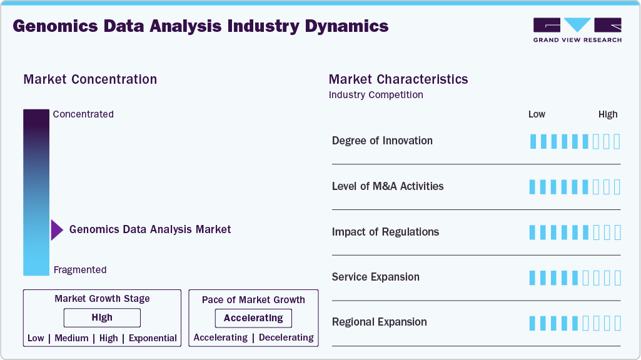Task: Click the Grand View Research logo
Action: (577, 30)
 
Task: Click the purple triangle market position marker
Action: (57, 229)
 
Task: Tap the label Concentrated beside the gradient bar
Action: (83, 114)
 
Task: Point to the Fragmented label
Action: (80, 270)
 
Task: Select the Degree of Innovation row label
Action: (382, 141)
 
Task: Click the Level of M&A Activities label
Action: (388, 186)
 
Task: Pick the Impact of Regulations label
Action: (385, 232)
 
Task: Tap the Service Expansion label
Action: (376, 277)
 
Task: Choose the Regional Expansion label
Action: (380, 322)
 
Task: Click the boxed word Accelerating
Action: (253, 318)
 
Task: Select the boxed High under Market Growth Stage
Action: (102, 317)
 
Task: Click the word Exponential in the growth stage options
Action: (153, 338)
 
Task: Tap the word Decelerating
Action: (286, 337)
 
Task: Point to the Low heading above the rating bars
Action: (537, 114)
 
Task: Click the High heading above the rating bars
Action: (608, 114)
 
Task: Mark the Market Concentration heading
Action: (90, 79)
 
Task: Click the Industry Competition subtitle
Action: (376, 95)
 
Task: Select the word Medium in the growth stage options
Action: (71, 338)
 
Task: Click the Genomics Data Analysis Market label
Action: (150, 229)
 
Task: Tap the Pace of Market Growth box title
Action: (253, 299)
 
